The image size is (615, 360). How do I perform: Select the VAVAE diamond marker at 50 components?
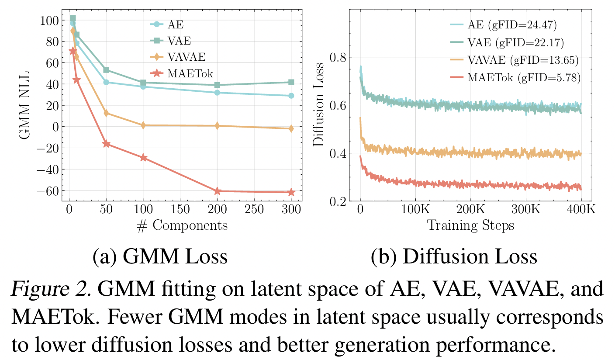pos(106,113)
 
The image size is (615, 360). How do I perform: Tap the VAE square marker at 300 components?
pos(291,82)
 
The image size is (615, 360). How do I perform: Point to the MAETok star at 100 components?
pos(144,158)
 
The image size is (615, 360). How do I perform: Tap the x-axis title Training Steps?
pos(470,225)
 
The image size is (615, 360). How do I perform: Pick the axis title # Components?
pos(182,225)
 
